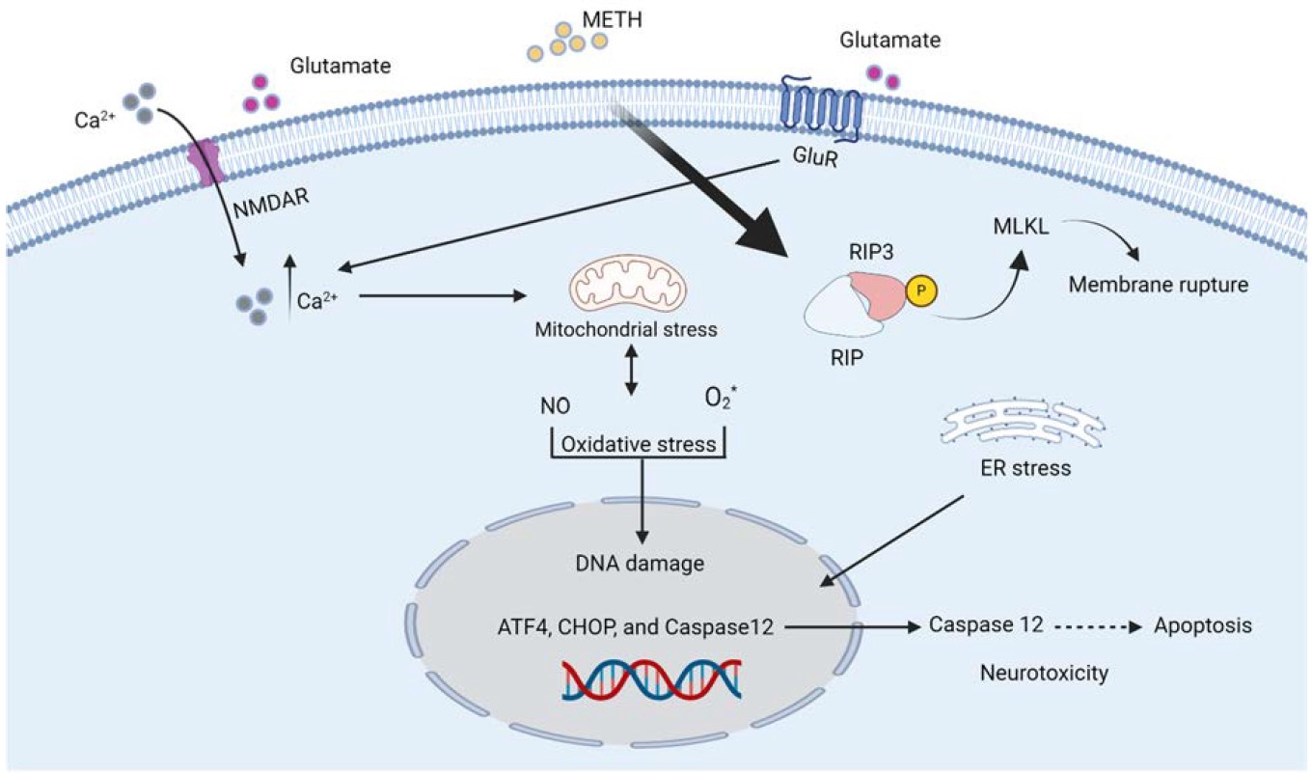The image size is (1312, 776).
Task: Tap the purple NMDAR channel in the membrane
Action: coord(205,160)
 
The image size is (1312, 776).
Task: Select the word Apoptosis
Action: coord(1203,625)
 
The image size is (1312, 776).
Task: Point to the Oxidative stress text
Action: coord(637,445)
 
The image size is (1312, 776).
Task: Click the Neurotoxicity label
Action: coord(1043,674)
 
